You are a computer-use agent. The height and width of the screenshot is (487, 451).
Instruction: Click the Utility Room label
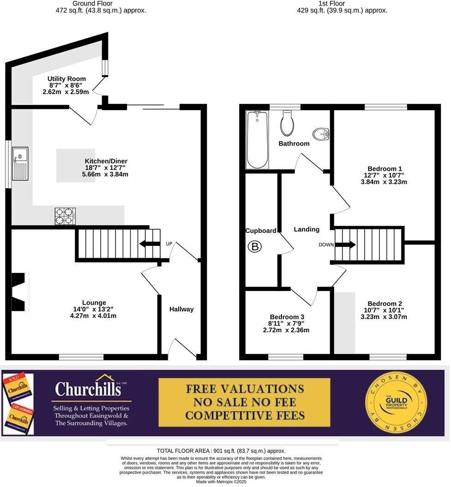pos(66,79)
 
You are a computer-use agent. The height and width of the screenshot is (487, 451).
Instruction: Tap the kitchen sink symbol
pos(20,164)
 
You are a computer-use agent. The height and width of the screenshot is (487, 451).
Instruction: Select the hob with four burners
pos(65,216)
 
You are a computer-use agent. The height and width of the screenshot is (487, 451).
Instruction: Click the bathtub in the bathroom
pos(257,139)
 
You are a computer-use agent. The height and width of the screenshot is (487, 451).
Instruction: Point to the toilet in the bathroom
pos(287,123)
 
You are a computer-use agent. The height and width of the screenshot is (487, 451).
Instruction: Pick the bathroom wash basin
pos(321,134)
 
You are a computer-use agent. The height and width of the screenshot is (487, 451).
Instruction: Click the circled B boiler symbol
pos(254,247)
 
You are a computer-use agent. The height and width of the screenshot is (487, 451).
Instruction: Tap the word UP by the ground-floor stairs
pos(168,243)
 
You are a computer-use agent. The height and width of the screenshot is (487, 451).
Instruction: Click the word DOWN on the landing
pos(326,245)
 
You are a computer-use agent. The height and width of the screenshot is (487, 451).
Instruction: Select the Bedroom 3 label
pos(287,317)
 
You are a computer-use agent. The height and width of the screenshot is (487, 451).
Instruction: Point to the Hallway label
pos(181,309)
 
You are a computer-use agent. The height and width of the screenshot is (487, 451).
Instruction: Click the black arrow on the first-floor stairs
pos(346,244)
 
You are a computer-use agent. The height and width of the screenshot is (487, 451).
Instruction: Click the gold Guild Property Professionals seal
pos(396,402)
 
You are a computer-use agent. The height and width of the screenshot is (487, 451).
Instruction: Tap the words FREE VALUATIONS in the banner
pos(245,388)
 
